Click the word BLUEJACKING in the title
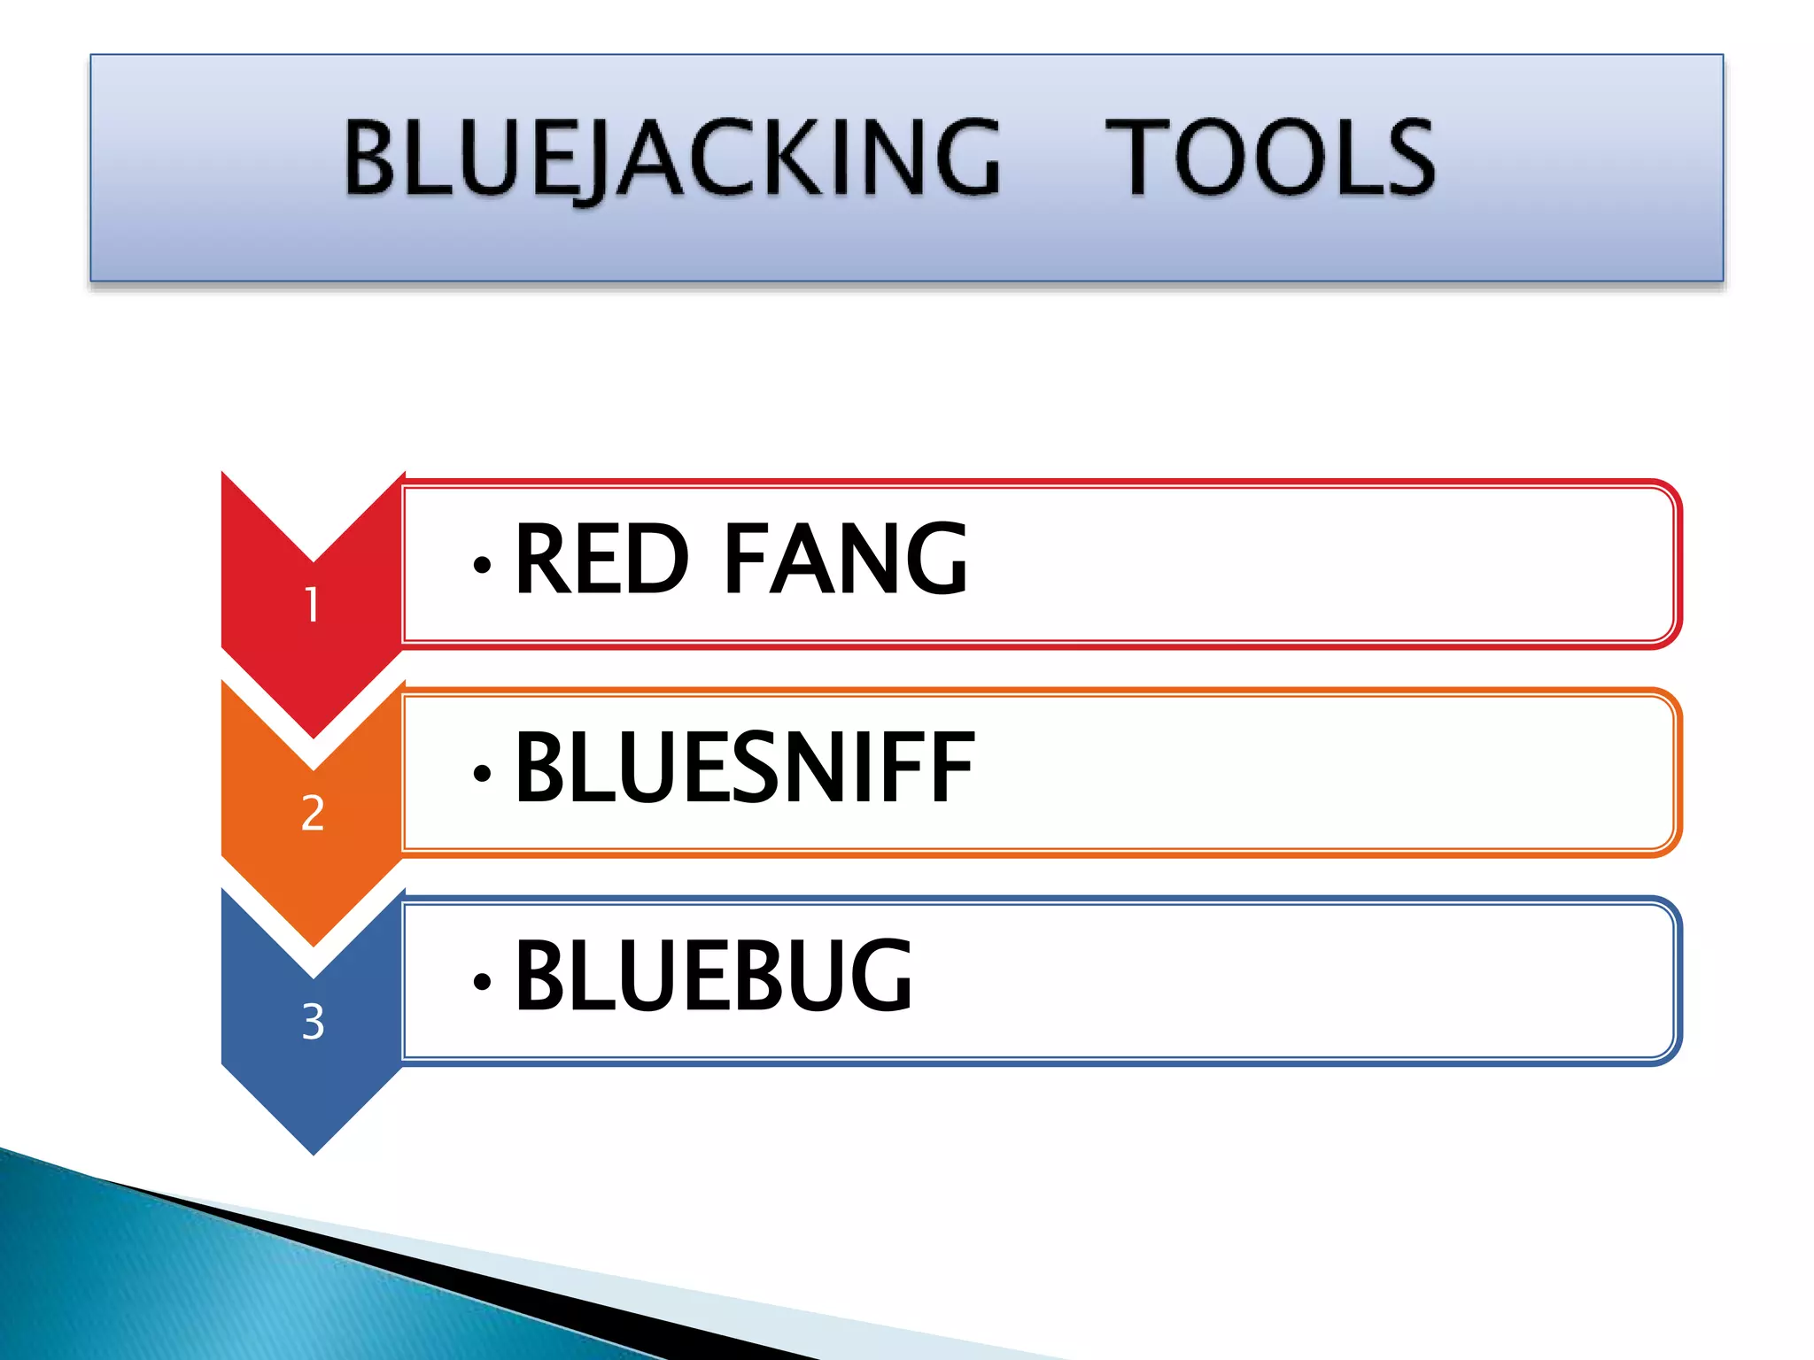coord(671,158)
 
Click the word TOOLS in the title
coord(1269,158)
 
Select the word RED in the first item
coord(601,560)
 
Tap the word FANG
coord(846,560)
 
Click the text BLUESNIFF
coord(744,768)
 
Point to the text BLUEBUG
coord(713,977)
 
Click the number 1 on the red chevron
coord(312,606)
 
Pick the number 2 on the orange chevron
coord(313,813)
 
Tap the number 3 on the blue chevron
coord(313,1022)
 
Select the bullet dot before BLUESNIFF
coord(482,773)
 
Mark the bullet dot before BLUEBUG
coord(482,981)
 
